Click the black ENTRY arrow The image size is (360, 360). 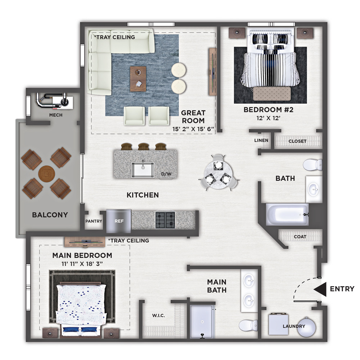click(320, 289)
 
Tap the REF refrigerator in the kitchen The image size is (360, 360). click(119, 221)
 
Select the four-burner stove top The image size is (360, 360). click(165, 220)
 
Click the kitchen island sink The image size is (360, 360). click(143, 170)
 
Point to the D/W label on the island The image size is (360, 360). click(166, 174)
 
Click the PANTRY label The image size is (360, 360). click(94, 221)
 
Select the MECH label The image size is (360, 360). click(56, 115)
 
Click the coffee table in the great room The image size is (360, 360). click(138, 79)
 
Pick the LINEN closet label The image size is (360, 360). click(261, 140)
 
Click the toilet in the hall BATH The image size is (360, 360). click(312, 165)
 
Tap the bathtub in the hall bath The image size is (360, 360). click(287, 215)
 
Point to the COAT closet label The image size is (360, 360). click(300, 237)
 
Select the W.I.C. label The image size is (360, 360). click(158, 315)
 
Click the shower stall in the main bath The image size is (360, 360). click(202, 321)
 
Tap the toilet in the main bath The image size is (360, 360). click(248, 325)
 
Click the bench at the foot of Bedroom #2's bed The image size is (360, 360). click(272, 94)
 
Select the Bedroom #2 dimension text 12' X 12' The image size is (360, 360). click(269, 118)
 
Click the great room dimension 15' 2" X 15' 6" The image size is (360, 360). click(193, 129)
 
